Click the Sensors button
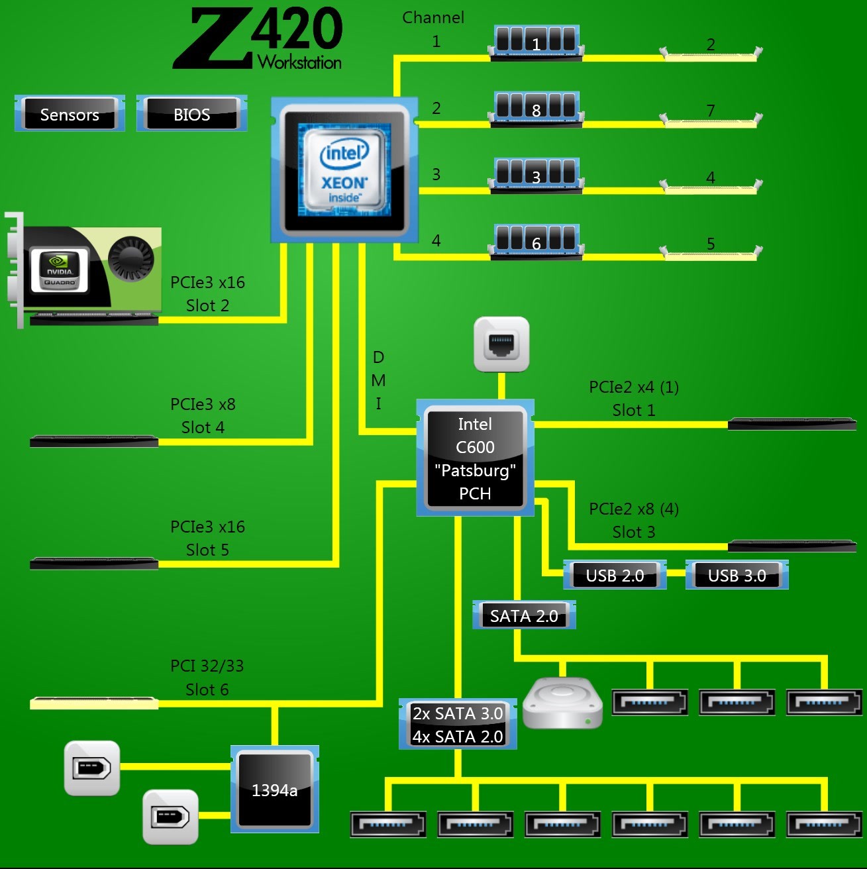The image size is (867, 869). click(x=70, y=114)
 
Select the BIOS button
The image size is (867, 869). click(x=191, y=114)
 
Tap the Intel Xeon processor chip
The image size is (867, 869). click(x=344, y=170)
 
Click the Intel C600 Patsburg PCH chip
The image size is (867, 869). click(x=475, y=458)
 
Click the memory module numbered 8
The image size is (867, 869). click(x=536, y=109)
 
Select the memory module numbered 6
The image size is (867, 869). click(x=536, y=242)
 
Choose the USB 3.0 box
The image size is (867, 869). click(x=737, y=575)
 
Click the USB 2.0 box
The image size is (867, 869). click(x=615, y=575)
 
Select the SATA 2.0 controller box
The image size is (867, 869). click(x=524, y=615)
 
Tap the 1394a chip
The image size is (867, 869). click(x=274, y=790)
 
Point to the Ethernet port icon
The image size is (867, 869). click(x=501, y=344)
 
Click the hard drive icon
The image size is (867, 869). click(x=562, y=703)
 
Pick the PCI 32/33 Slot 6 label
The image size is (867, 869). click(x=207, y=677)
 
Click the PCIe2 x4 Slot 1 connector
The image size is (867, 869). click(x=791, y=424)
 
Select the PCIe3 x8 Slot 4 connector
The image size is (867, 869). click(x=94, y=441)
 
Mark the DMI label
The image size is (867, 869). click(x=378, y=380)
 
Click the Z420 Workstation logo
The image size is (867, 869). click(x=258, y=38)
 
